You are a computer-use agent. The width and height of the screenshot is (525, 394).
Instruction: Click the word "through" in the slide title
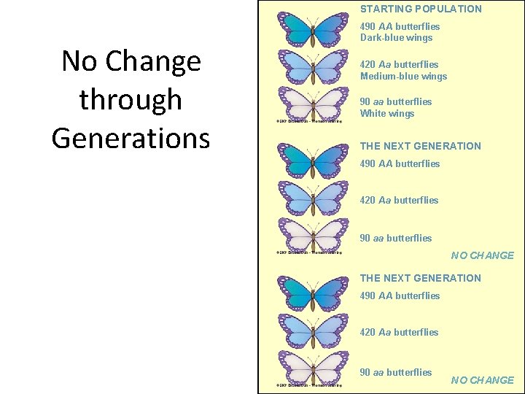(131, 100)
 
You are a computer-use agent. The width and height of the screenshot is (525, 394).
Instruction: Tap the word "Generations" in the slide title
(131, 137)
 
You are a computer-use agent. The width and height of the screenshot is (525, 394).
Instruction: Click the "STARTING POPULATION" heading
(421, 9)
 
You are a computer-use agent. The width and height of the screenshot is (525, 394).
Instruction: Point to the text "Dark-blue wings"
(396, 38)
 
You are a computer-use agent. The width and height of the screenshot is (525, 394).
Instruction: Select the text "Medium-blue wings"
(403, 77)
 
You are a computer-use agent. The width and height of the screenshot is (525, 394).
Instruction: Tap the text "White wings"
(386, 114)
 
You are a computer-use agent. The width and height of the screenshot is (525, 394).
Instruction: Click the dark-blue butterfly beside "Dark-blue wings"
(314, 30)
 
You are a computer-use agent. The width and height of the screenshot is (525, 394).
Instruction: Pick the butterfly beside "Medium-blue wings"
(314, 67)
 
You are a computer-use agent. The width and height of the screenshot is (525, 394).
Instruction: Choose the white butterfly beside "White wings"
(314, 104)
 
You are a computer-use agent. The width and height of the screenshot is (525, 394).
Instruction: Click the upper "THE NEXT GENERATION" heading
(421, 146)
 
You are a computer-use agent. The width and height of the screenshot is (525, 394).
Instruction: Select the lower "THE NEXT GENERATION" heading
(421, 278)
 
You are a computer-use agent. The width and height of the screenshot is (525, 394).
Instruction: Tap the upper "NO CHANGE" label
(482, 255)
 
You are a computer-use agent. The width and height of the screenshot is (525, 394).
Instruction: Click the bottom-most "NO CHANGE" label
(482, 380)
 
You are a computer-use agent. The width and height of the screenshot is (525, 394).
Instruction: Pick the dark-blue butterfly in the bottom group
(314, 293)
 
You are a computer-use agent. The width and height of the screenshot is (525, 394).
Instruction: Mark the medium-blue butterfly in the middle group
(314, 198)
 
